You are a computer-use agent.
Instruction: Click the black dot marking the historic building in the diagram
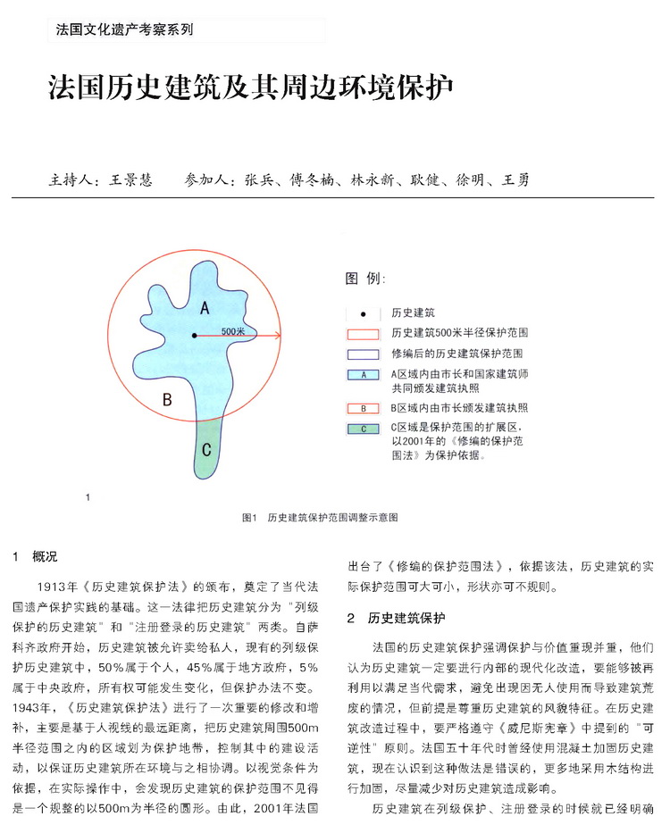click(x=194, y=336)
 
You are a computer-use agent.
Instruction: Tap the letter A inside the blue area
click(x=204, y=308)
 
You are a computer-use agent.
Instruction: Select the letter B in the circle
click(x=166, y=400)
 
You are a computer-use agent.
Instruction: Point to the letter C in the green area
click(x=206, y=449)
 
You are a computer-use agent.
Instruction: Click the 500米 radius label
click(x=233, y=330)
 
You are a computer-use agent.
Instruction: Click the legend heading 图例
click(x=365, y=279)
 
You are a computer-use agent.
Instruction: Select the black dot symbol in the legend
click(x=364, y=314)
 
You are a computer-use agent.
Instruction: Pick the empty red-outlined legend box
click(x=364, y=334)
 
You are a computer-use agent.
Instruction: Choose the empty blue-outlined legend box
click(x=364, y=354)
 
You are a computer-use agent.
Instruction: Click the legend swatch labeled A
click(x=364, y=375)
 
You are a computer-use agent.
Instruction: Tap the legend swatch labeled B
click(x=364, y=408)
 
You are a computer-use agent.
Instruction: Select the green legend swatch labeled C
click(x=364, y=429)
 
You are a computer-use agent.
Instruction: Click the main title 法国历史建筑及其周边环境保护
click(x=250, y=89)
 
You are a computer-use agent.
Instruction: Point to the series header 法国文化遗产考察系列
click(x=124, y=29)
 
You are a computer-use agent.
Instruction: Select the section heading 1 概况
click(x=35, y=556)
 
